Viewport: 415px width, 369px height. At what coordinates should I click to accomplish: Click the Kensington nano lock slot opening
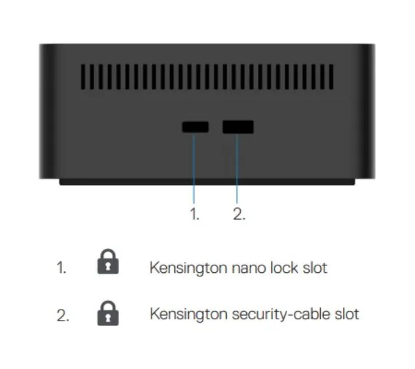[195, 127]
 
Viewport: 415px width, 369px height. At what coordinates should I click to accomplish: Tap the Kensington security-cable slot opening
[238, 127]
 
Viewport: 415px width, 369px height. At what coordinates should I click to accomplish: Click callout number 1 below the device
[194, 214]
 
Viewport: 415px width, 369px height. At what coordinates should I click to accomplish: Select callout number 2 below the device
[239, 214]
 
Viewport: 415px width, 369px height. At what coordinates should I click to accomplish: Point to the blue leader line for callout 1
[194, 169]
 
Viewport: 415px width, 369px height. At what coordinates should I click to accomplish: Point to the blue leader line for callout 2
[237, 169]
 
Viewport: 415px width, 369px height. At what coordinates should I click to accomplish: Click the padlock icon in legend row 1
[108, 261]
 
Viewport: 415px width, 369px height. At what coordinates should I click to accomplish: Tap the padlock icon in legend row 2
[108, 313]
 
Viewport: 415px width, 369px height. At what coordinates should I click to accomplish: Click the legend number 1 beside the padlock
[62, 267]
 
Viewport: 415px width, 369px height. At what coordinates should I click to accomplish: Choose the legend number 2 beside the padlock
[63, 315]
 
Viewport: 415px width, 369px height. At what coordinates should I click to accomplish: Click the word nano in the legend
[248, 268]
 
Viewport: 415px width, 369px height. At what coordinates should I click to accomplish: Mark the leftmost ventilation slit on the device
[83, 77]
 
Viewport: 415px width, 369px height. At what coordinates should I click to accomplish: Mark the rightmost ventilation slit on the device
[331, 77]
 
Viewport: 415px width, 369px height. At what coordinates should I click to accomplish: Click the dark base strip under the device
[207, 182]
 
